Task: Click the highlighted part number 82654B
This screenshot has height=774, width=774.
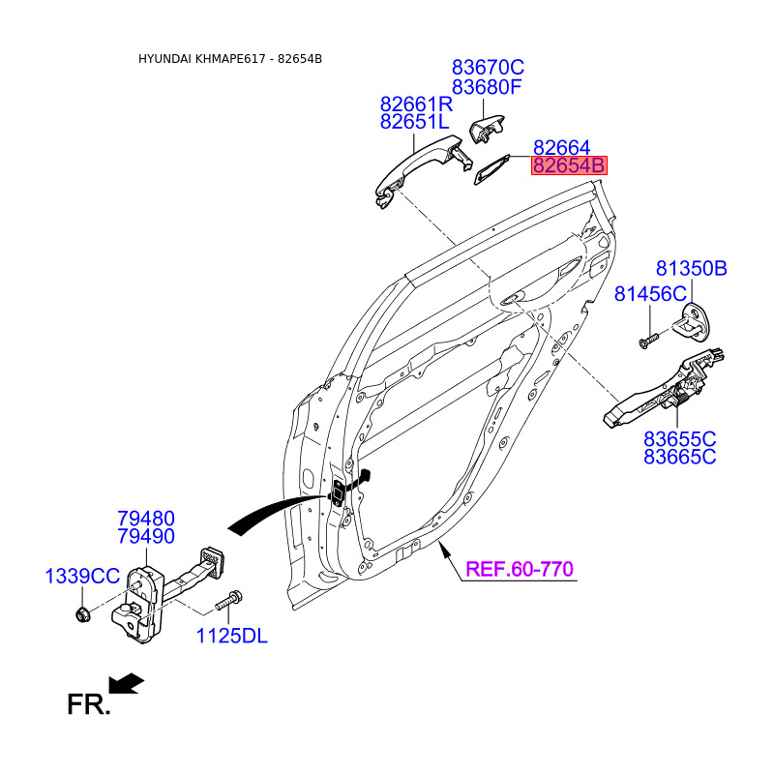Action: tap(569, 165)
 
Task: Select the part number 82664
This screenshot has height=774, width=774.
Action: tap(561, 147)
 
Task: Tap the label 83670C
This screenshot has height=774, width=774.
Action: tap(488, 68)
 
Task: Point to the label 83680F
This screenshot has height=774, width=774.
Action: tap(488, 88)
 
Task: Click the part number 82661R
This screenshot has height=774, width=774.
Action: tap(416, 104)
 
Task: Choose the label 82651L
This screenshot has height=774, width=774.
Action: tap(415, 123)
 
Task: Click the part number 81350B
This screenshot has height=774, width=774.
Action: tap(691, 269)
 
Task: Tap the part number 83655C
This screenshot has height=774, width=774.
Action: tap(680, 438)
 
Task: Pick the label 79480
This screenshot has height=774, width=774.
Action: tap(146, 519)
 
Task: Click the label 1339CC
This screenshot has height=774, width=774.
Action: tap(82, 577)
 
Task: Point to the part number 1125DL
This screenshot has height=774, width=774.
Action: tap(231, 636)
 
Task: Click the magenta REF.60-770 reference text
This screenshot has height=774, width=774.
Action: tap(520, 569)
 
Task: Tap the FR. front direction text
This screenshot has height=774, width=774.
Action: tap(89, 704)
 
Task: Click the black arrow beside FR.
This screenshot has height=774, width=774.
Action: tap(127, 684)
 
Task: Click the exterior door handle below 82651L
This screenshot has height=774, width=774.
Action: tap(418, 166)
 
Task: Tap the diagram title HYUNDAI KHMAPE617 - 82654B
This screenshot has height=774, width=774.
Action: tap(230, 59)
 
